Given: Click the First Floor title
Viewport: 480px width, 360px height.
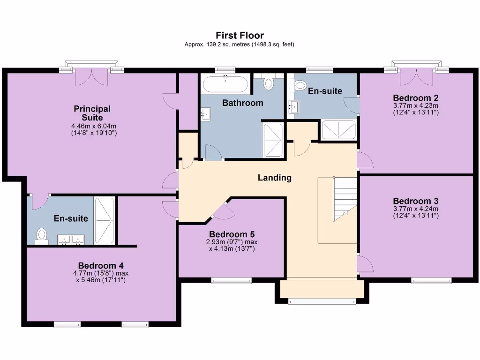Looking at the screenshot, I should click(240, 35).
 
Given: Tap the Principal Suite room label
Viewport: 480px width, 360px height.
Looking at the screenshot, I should click(92, 113).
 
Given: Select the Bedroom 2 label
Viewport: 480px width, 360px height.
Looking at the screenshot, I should click(416, 98).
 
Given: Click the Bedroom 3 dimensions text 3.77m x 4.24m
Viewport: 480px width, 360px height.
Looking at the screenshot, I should click(416, 209).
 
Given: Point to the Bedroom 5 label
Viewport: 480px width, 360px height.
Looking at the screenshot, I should click(232, 234).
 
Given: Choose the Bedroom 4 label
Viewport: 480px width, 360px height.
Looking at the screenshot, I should click(101, 265).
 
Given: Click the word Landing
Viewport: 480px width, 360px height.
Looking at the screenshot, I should click(274, 178).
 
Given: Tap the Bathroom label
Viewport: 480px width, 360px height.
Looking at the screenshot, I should click(242, 103).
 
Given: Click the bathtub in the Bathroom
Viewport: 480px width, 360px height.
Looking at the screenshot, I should click(225, 85).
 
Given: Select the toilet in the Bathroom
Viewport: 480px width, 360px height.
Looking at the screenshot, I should click(269, 83).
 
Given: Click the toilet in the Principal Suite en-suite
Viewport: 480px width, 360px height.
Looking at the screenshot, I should click(42, 235).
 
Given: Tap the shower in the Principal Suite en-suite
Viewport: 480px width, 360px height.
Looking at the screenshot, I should click(104, 221).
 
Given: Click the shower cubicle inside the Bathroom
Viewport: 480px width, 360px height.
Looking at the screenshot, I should click(272, 140).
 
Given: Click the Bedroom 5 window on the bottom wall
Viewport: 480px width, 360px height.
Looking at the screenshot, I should click(231, 281).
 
